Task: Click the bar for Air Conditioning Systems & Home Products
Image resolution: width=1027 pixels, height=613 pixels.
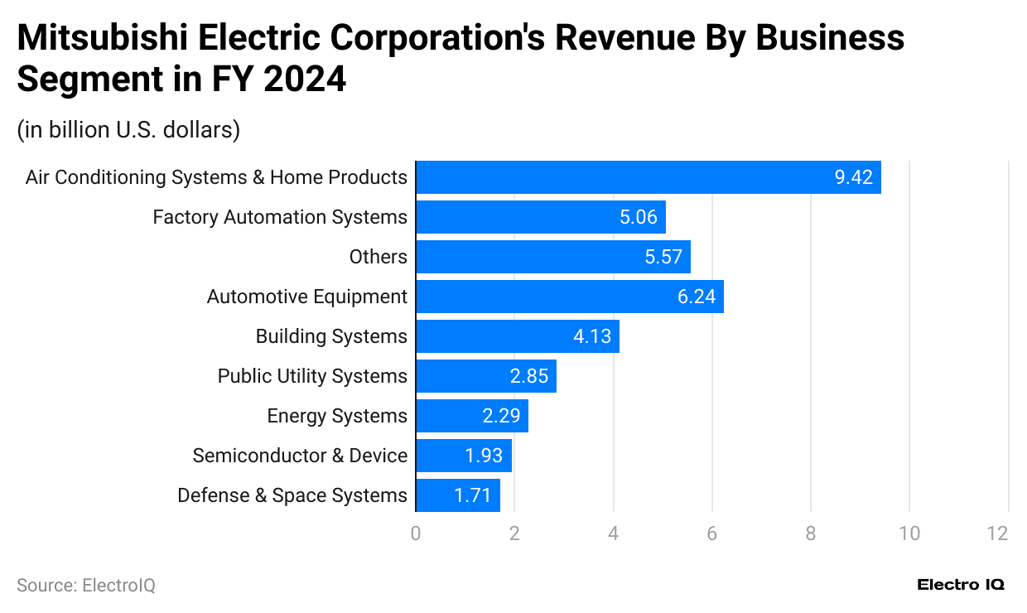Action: coord(648,177)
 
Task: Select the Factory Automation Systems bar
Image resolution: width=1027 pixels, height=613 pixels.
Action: coord(540,217)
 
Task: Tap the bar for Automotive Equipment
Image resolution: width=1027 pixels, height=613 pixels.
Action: coord(569,297)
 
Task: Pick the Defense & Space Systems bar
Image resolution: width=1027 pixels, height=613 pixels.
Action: coord(457,495)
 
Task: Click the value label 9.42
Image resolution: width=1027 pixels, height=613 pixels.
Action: coord(853,177)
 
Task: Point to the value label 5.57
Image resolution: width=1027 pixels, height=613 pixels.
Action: coord(663,257)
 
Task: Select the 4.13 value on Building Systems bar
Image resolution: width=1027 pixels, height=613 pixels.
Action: coord(592,336)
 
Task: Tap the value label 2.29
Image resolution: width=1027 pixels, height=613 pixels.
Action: coord(501,416)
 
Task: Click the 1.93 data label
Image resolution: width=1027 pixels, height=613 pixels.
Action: coord(484,456)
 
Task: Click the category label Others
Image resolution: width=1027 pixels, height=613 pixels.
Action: coord(378,257)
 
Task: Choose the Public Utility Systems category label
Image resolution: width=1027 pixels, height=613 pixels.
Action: coord(312,376)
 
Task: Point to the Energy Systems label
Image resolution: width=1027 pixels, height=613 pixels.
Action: coord(337,416)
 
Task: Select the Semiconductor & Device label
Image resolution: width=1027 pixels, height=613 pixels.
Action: coord(300,456)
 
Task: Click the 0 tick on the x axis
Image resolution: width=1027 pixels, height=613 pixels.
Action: coord(416,533)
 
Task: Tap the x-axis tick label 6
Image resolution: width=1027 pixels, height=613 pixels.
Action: coord(711,533)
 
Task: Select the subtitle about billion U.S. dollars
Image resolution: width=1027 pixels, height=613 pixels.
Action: coord(128,130)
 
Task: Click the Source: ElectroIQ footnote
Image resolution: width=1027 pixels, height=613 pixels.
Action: coord(86,585)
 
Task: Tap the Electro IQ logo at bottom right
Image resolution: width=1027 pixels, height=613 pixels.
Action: coord(961,585)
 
